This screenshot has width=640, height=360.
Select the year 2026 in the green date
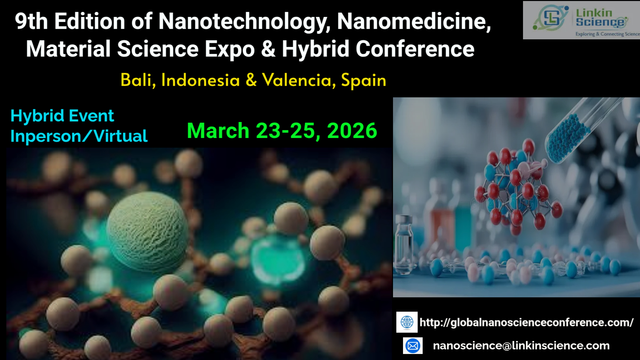[x=352, y=130]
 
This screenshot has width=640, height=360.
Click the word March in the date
[x=218, y=130]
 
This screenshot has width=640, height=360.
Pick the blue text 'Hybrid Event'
[x=62, y=116]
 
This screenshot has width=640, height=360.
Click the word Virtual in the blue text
[x=120, y=136]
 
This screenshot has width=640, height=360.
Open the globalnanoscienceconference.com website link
[x=526, y=322]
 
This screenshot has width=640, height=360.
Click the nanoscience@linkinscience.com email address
[x=521, y=346]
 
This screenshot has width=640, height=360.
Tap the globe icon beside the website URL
[x=407, y=322]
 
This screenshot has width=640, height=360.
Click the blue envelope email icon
[x=413, y=346]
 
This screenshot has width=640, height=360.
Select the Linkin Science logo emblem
[x=550, y=18]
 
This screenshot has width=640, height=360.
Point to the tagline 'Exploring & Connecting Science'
[x=608, y=34]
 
